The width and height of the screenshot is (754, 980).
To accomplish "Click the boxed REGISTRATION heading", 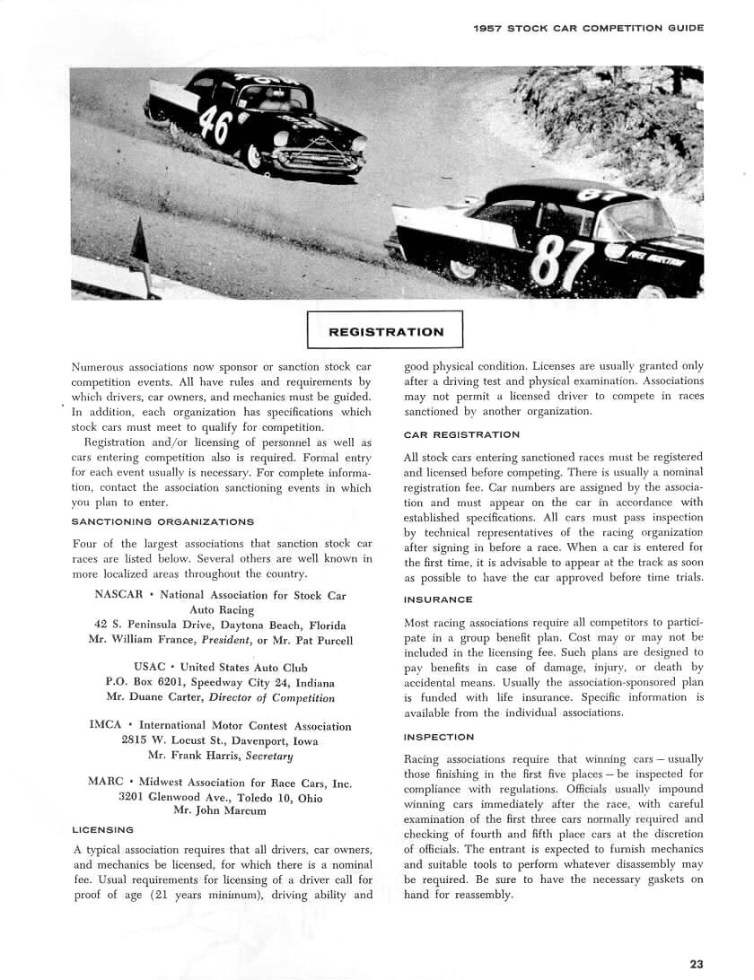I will pos(386,331).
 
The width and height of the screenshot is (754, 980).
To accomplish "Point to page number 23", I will pos(697,964).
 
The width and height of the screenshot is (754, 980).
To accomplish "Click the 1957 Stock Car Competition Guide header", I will pos(588,28).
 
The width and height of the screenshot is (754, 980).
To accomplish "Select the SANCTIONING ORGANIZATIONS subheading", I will pos(162,521).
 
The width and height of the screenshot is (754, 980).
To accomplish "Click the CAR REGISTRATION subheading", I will pos(461,434).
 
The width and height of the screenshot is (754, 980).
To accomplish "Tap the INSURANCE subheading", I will pos(438,599).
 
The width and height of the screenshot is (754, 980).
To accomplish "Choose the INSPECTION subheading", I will pos(439,737).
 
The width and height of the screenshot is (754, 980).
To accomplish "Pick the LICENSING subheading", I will pos(102,829).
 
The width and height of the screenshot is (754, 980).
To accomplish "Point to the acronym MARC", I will pos(106,782).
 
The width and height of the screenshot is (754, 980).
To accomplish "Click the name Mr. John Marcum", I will pos(219,811).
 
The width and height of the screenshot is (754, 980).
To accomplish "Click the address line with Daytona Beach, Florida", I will pos(220,625).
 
